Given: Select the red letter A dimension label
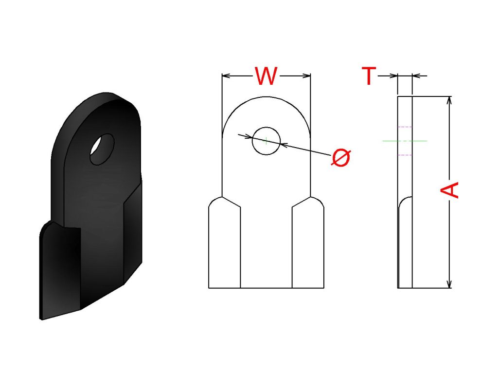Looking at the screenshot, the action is [449, 190].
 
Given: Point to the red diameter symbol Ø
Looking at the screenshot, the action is [341, 157].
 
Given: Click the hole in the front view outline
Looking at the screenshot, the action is [266, 141].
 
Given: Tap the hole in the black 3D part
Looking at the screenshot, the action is [102, 149].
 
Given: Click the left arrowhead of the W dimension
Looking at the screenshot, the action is [226, 75].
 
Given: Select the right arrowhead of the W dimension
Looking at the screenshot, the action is [307, 75].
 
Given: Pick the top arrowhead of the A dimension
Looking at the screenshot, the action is [449, 100].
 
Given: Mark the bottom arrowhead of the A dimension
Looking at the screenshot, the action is [449, 284].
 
